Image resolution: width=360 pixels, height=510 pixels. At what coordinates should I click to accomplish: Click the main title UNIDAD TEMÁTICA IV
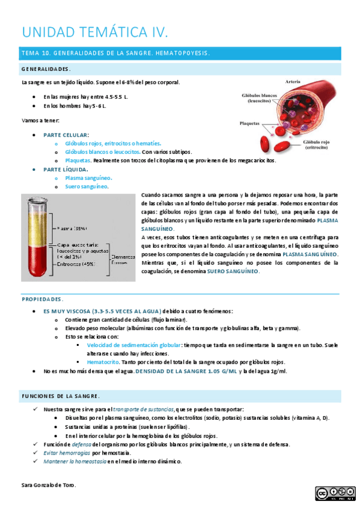coord(95,31)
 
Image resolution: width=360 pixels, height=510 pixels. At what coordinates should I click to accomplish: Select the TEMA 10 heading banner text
coord(115,53)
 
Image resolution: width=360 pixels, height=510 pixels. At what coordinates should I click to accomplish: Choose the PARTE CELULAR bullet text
coord(66,135)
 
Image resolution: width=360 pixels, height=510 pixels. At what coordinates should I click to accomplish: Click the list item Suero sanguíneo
coord(87,186)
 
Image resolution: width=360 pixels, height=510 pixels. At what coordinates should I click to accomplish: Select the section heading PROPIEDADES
coord(42,299)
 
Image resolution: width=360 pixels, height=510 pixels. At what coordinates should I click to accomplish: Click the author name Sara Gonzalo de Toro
coord(49,485)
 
